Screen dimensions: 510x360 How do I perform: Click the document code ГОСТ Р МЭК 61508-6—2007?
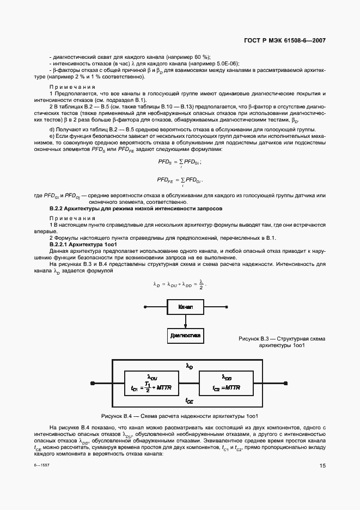(x=285, y=41)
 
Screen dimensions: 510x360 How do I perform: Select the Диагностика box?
(x=186, y=335)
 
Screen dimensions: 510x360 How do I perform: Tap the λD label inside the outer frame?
(x=189, y=367)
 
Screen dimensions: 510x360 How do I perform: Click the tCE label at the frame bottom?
(x=189, y=400)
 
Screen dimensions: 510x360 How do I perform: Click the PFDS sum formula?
(x=179, y=162)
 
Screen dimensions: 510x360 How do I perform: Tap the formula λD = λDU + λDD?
(x=180, y=284)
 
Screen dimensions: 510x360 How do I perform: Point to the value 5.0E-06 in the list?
(x=225, y=63)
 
